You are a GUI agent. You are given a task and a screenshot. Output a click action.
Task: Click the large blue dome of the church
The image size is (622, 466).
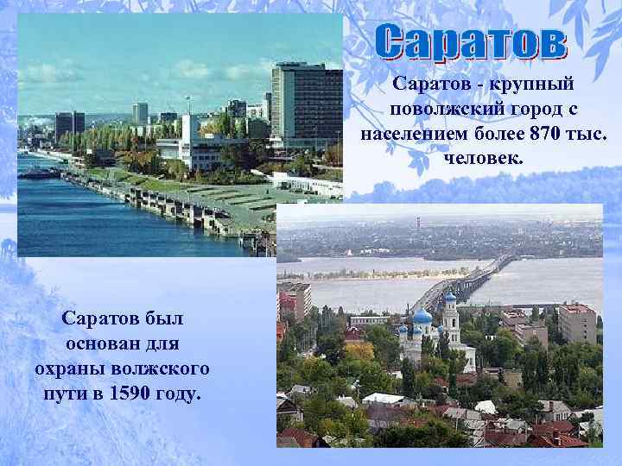point(422,318)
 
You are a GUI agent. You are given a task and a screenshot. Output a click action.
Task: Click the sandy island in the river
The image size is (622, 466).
point(363,285)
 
